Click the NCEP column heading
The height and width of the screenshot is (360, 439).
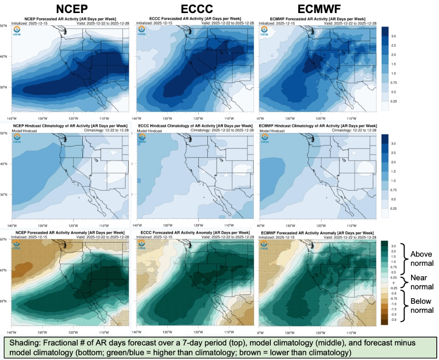(72, 9)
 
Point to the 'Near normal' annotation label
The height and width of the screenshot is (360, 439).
(422, 282)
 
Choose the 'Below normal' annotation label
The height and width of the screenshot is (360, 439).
(421, 306)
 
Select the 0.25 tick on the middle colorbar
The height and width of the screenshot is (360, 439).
(394, 208)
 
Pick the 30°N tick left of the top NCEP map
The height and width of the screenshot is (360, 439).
(4, 88)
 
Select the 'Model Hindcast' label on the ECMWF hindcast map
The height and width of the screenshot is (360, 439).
(273, 130)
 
